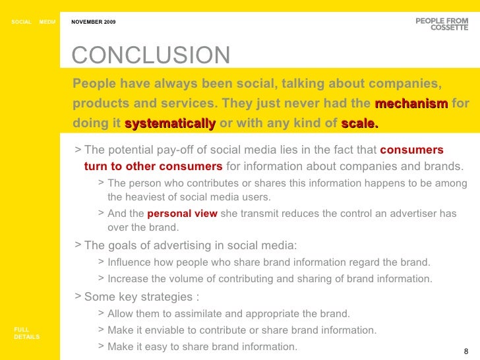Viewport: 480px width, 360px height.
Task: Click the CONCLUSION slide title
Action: [151, 55]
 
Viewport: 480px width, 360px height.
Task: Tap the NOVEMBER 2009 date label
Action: [93, 22]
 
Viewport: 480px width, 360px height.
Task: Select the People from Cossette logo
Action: [442, 24]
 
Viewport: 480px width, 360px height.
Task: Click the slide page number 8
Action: [466, 351]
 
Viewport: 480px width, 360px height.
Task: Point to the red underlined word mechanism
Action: [411, 104]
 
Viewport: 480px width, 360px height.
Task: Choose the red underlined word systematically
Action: [169, 123]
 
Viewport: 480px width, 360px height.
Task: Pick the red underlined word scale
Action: [359, 123]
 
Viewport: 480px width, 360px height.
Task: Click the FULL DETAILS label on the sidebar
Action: [26, 332]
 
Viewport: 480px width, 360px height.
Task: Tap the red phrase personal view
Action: [182, 214]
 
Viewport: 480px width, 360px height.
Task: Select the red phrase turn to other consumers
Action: [154, 165]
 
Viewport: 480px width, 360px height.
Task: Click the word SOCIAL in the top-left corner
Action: [21, 22]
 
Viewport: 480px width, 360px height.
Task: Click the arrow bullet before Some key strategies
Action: [78, 296]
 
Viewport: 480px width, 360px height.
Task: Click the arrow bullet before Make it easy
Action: [100, 345]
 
